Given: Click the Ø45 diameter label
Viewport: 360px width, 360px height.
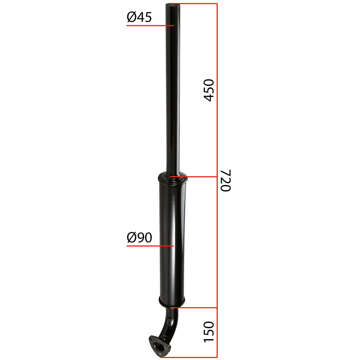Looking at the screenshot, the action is [x=139, y=17].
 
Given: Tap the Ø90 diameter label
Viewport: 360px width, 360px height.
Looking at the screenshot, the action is [x=139, y=238].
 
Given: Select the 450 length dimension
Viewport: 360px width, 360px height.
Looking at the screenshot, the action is [x=208, y=90].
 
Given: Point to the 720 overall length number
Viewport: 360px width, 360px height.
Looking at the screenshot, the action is [x=226, y=181].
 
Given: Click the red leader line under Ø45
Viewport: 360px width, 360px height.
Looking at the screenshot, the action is [x=150, y=25].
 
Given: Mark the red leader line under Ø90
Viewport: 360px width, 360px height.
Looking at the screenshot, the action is [x=150, y=246].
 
